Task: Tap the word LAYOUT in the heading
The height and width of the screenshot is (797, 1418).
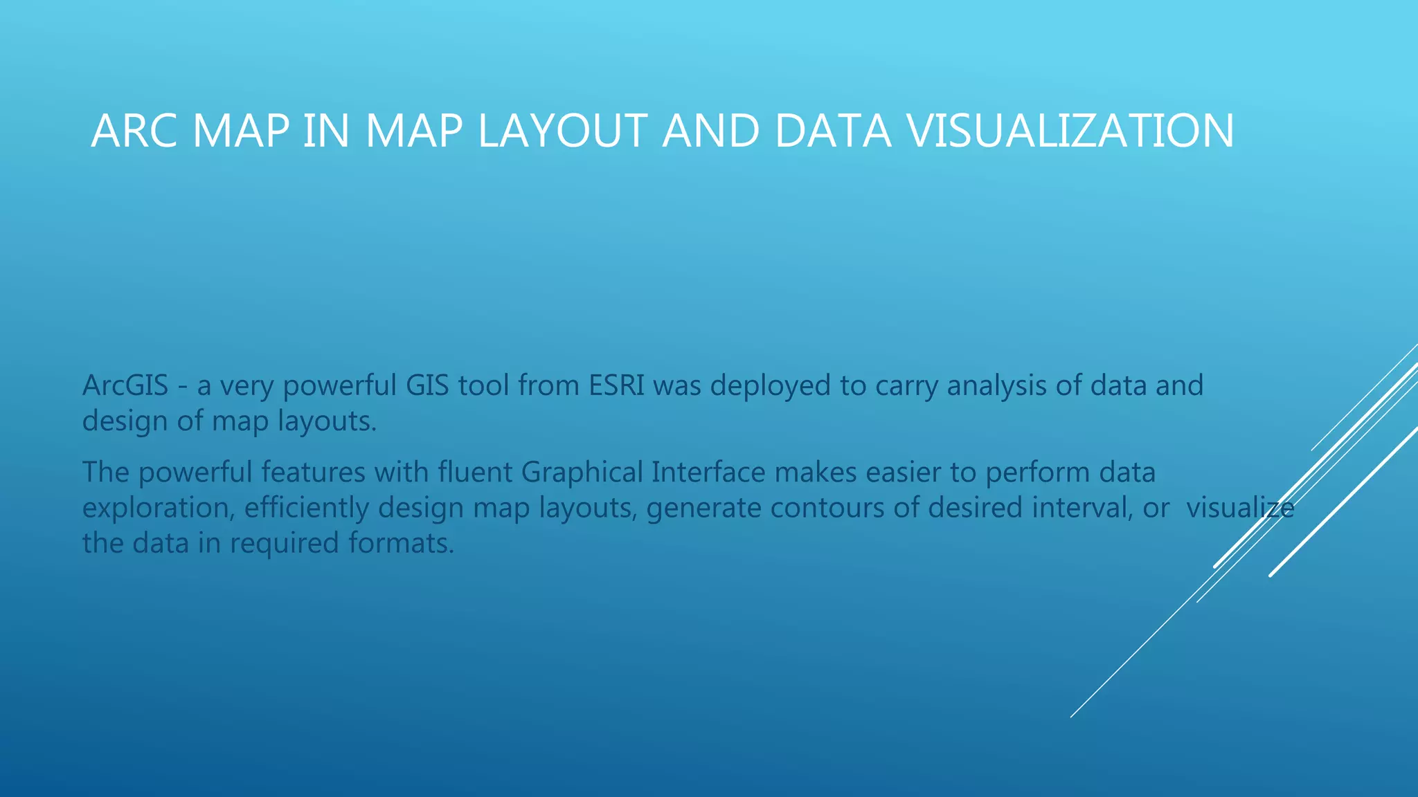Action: pyautogui.click(x=562, y=131)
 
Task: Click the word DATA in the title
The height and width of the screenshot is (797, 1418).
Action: pyautogui.click(x=832, y=131)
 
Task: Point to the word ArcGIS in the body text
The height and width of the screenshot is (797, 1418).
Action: pyautogui.click(x=125, y=385)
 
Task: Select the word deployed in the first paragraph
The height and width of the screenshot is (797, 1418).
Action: pyautogui.click(x=770, y=385)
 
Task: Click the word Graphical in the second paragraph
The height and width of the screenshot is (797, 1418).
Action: pyautogui.click(x=582, y=473)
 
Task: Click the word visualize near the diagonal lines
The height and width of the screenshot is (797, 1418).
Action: pyautogui.click(x=1239, y=509)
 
